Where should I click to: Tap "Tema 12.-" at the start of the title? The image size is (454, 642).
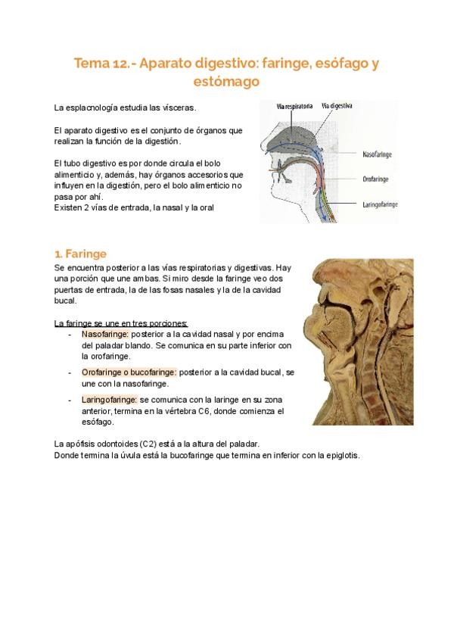102,63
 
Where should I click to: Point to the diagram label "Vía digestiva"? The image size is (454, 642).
337,106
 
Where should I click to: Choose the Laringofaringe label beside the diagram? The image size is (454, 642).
381,204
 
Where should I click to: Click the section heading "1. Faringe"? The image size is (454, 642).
81,254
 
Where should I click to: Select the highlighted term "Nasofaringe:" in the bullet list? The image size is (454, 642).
105,334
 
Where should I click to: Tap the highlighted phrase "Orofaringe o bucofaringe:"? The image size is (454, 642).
129,372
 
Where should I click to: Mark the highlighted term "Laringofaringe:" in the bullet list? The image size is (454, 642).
110,399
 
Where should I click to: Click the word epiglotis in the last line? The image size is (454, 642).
340,455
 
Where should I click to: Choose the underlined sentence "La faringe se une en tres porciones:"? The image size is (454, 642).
121,323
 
